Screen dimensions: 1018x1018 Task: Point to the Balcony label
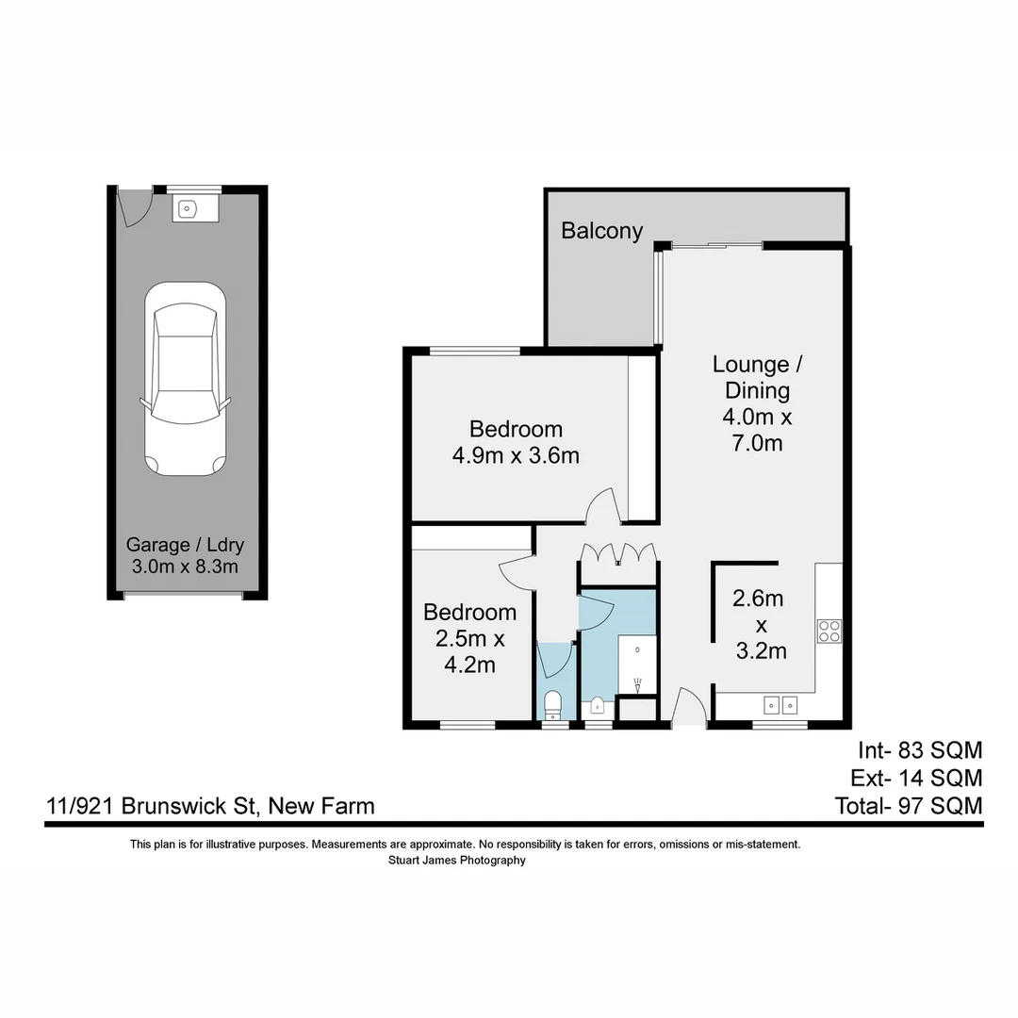601,231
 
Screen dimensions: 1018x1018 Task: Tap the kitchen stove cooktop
829,630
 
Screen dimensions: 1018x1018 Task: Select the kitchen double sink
780,704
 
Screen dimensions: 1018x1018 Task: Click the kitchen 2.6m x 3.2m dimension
760,624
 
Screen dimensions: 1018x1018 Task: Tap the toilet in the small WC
553,703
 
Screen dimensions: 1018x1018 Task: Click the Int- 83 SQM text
919,750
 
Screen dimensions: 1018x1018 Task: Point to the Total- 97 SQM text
908,806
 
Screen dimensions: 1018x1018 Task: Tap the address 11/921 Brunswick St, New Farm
210,806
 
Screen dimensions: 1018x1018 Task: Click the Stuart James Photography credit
456,860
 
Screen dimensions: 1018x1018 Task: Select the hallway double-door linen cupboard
618,554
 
